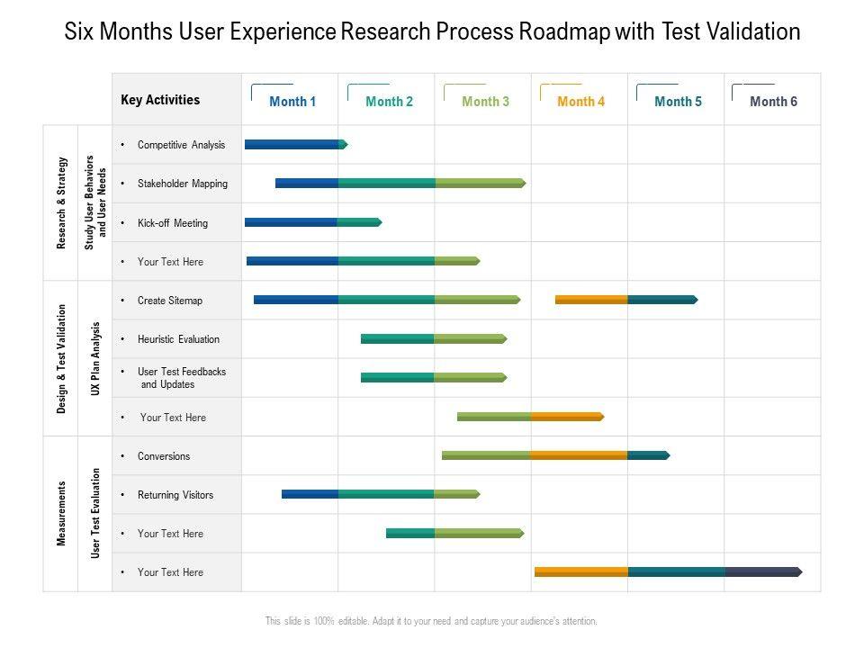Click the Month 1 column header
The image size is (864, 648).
292,102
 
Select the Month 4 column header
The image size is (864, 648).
580,102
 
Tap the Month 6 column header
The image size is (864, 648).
773,102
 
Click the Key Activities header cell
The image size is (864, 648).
160,100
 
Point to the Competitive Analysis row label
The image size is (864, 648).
181,145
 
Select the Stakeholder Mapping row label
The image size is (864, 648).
183,184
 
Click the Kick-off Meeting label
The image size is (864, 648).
173,223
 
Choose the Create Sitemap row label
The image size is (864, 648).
170,301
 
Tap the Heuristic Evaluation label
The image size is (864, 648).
178,339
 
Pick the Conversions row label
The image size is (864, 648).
164,456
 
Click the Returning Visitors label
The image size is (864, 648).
175,495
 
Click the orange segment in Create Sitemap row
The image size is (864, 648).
591,300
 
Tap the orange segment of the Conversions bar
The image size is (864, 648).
579,455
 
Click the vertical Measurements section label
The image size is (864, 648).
61,513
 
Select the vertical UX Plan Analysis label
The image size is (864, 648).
95,358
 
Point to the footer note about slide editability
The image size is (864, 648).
431,621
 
